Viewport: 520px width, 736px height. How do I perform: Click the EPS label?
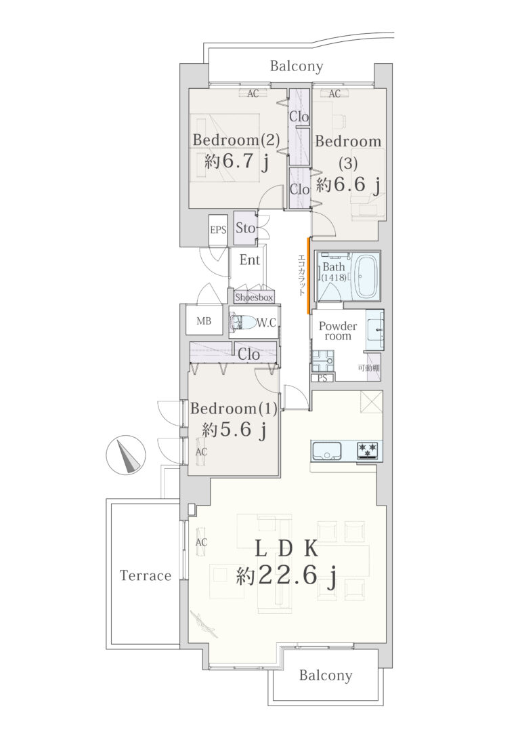[218, 230]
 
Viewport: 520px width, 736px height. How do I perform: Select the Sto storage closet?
[245, 228]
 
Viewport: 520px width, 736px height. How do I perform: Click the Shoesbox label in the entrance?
[254, 297]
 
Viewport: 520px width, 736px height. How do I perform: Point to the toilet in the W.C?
[242, 323]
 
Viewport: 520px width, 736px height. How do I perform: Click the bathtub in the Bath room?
[364, 276]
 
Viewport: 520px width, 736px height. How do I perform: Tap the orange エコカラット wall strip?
[308, 276]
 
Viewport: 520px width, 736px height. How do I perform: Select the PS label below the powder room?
[322, 378]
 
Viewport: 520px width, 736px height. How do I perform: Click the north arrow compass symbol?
[126, 455]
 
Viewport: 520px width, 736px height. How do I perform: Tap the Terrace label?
[146, 575]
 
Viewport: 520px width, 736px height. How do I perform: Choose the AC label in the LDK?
[201, 542]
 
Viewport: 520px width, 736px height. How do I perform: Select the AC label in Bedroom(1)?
[201, 451]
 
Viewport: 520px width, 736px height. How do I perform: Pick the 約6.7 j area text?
[237, 161]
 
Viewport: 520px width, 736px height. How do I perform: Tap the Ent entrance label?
[249, 260]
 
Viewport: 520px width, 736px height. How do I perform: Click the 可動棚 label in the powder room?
[368, 368]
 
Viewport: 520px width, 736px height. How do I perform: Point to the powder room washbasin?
[374, 329]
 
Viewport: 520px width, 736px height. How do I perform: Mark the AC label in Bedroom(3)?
[334, 94]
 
